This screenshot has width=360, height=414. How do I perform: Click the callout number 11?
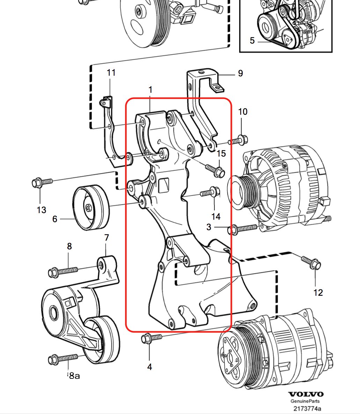(111, 73)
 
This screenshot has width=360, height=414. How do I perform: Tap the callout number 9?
(240, 73)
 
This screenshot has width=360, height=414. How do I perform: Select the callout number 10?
(243, 112)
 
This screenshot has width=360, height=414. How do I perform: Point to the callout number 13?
(41, 210)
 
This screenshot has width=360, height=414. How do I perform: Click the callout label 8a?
(74, 375)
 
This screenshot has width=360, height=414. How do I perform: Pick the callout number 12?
(318, 293)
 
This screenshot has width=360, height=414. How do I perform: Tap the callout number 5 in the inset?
(252, 40)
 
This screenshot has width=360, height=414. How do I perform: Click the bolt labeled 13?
(42, 182)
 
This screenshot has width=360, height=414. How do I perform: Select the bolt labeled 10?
(238, 141)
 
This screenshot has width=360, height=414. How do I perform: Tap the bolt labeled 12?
(311, 262)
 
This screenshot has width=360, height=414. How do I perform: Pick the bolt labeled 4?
(152, 338)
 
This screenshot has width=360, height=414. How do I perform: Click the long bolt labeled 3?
(242, 229)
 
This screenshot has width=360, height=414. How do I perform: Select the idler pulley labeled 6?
(91, 208)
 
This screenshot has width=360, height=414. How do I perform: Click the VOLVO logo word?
(306, 394)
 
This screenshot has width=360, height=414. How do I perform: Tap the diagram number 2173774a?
(307, 408)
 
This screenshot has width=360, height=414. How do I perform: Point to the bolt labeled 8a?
(63, 359)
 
